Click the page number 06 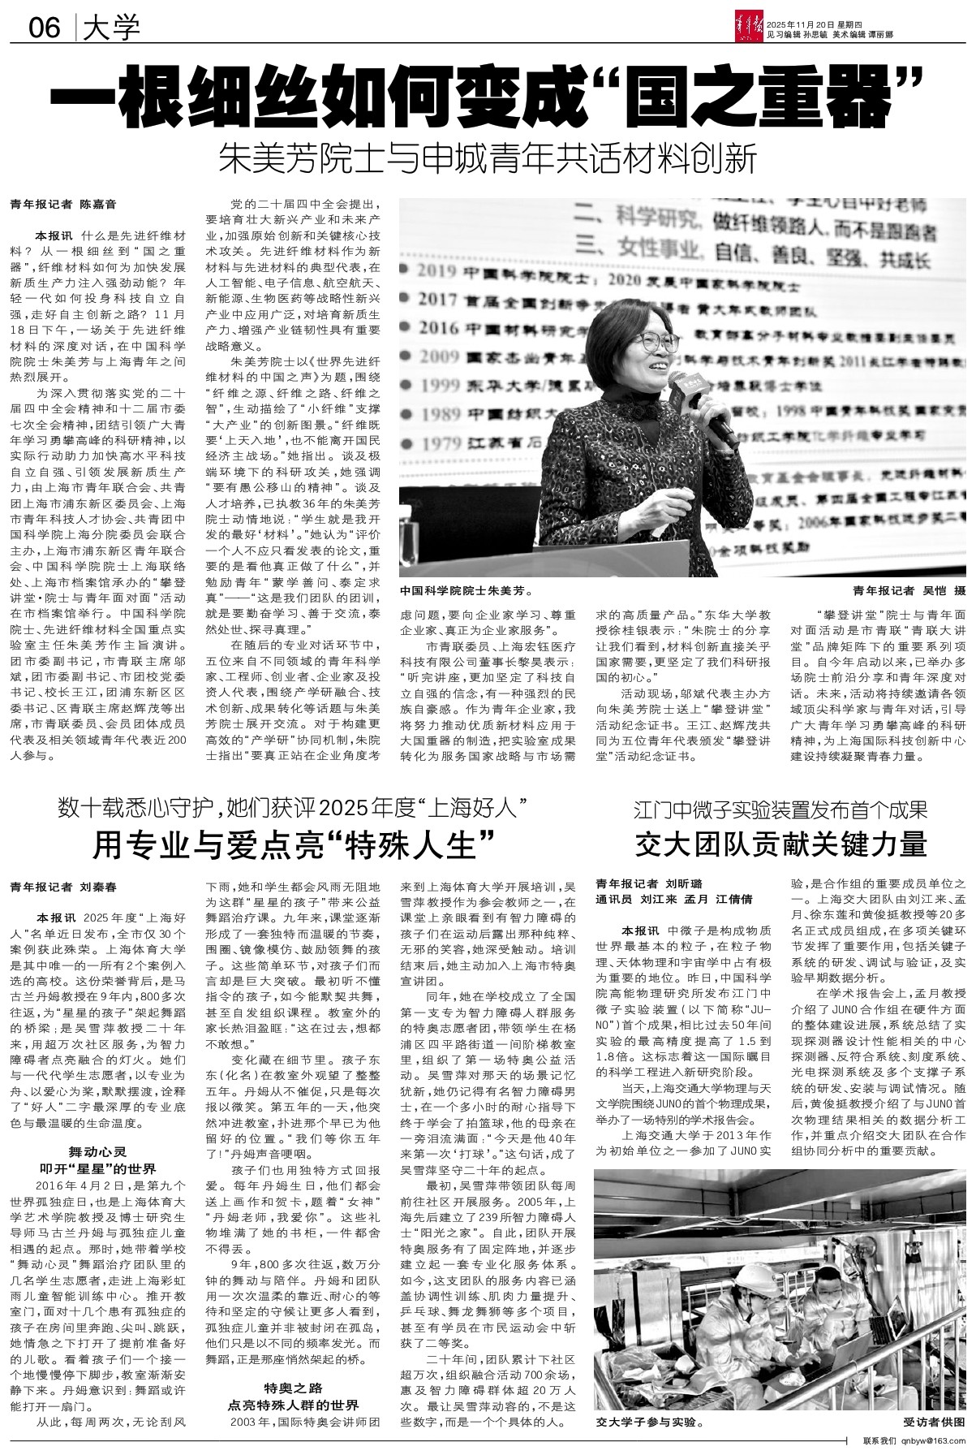44,29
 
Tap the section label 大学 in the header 111,29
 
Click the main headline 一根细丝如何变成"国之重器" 488,97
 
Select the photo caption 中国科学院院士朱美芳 465,591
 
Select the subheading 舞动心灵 99,1151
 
